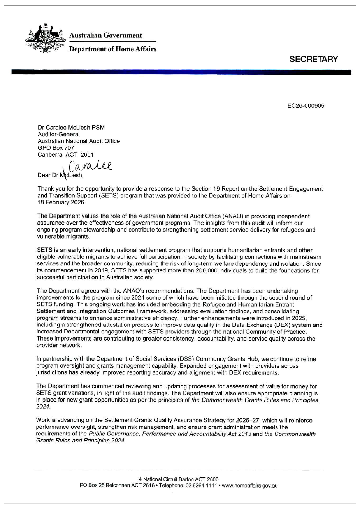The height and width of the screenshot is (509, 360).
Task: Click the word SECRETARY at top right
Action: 314,60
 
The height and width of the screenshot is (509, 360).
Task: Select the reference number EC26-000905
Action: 306,106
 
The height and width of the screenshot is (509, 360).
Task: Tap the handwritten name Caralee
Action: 91,167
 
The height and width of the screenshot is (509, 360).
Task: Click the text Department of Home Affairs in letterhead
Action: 112,49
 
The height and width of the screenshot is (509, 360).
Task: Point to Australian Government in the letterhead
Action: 105,35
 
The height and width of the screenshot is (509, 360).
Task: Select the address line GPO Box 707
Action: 56,148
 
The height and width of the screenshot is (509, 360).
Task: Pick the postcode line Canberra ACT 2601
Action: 65,154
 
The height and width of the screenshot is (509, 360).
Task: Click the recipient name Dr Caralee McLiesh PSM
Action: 71,128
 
